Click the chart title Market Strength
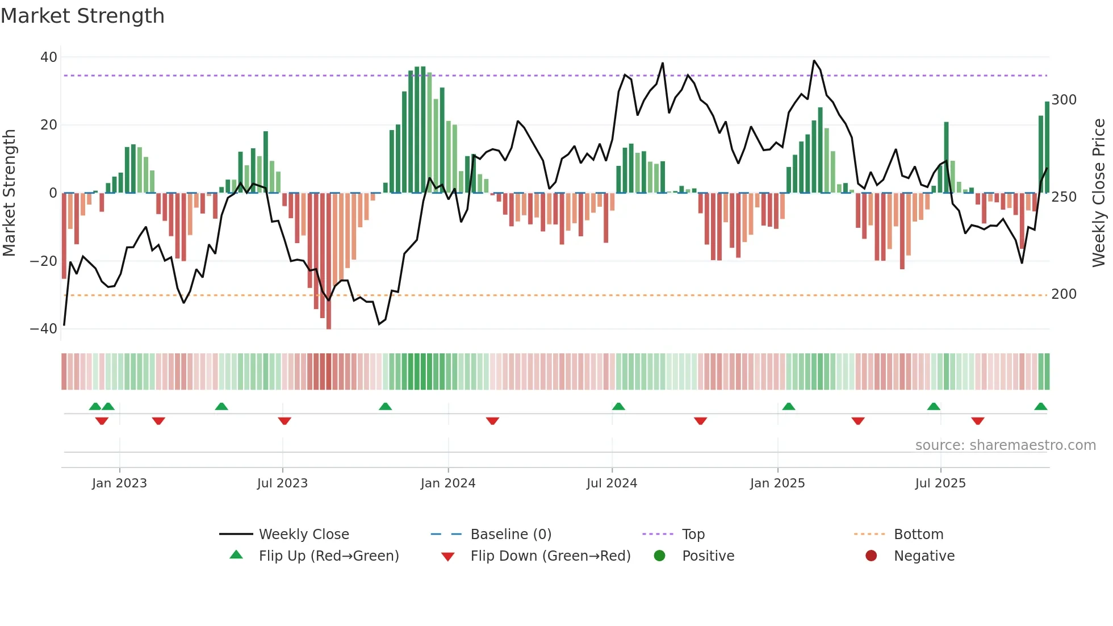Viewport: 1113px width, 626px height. click(82, 16)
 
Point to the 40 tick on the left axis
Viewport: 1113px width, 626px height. click(49, 57)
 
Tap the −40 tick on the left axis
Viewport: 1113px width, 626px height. click(44, 329)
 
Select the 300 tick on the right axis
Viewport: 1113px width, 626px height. click(1064, 100)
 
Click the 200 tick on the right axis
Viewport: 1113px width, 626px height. click(1064, 294)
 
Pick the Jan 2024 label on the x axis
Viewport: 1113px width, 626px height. click(447, 483)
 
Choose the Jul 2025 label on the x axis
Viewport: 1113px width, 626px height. click(940, 483)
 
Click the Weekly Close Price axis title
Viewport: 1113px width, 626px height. click(1098, 193)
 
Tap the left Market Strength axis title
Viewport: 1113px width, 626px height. click(9, 193)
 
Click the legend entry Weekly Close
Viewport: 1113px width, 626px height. click(304, 535)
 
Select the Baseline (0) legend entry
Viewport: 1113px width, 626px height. click(511, 535)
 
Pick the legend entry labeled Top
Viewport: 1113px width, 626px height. click(693, 535)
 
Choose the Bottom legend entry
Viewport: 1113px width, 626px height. click(918, 535)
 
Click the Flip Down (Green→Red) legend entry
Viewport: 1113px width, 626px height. click(550, 556)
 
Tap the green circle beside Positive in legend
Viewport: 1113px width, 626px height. click(659, 556)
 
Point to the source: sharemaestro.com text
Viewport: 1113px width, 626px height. click(1005, 445)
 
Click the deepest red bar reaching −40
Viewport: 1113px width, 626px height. click(329, 261)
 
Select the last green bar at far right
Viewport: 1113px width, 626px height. click(1047, 148)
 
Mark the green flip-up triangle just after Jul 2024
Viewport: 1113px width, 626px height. click(618, 406)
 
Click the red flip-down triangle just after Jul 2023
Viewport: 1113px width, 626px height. click(284, 421)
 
